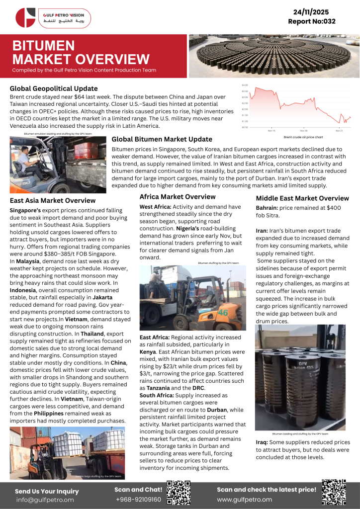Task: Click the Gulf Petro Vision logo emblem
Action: tap(25, 18)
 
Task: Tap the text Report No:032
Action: tap(312, 21)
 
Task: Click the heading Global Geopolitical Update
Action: tap(54, 88)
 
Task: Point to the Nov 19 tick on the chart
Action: tap(272, 130)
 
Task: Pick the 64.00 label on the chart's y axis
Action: tap(245, 85)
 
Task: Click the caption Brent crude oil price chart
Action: tap(303, 137)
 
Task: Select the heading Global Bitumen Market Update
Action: tap(162, 139)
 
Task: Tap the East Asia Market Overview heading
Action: tap(53, 200)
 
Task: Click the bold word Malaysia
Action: tap(28, 260)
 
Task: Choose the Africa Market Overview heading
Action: tap(177, 197)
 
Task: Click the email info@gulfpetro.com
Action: tap(45, 500)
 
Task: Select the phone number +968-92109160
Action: tap(138, 499)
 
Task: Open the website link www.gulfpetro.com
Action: tap(244, 499)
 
